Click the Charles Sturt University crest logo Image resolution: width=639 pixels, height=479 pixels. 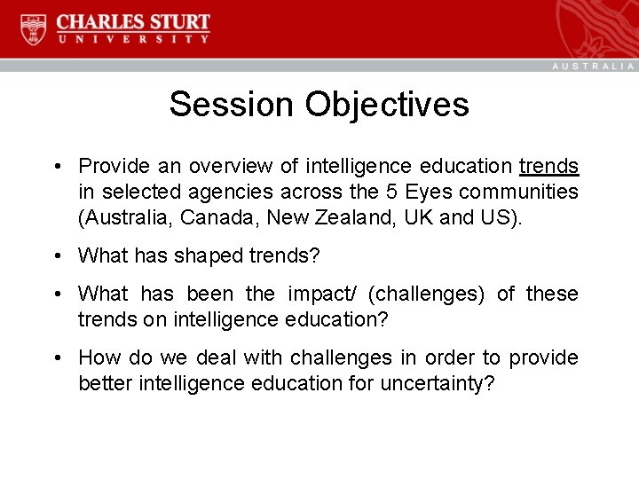pos(34,29)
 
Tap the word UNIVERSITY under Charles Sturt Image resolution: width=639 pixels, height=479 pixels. pos(133,39)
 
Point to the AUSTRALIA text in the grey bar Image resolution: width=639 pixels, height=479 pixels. pos(594,67)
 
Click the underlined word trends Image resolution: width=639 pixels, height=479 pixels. pos(548,166)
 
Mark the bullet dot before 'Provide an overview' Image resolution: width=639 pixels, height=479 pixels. pos(56,167)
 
